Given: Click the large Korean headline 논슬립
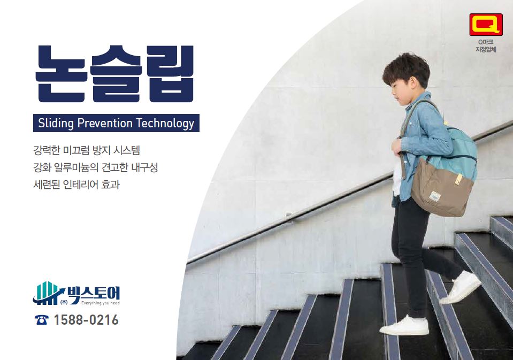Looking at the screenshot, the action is [114, 74].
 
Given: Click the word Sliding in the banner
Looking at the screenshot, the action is [56, 124].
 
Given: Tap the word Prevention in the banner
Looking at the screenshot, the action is [105, 123].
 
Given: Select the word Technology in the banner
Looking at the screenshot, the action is [165, 124].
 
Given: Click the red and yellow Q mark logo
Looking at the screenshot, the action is [486, 25].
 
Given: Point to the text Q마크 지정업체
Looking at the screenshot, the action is [486, 46].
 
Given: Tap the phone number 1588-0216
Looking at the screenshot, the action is [86, 320].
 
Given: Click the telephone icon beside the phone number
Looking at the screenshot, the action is [42, 320].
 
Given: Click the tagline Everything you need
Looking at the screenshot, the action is [101, 303].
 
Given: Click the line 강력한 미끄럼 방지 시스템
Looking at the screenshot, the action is [87, 150].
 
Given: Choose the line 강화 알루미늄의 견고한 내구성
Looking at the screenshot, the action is [96, 167].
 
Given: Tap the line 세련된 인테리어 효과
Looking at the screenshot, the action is [76, 184].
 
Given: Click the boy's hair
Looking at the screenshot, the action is [407, 70].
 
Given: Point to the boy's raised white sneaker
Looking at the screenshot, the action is [461, 287].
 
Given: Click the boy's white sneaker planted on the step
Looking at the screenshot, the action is [404, 325].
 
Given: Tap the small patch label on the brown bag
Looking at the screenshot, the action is [434, 195].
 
